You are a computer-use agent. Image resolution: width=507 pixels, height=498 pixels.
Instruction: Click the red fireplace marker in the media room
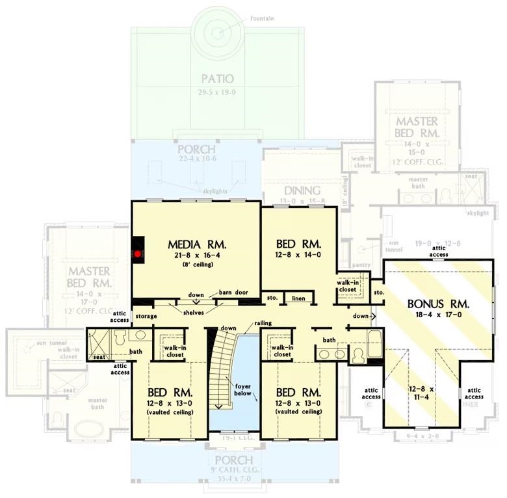[x=138, y=254]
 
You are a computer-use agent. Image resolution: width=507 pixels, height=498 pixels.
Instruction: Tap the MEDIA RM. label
[x=196, y=244]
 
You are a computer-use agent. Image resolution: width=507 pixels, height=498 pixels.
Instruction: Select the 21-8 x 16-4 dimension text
[x=196, y=256]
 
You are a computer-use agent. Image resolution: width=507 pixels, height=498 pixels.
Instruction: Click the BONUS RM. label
[x=438, y=304]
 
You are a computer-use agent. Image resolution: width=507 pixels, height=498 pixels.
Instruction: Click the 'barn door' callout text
[x=233, y=293]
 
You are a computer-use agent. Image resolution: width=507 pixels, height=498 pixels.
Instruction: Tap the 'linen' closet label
[x=298, y=298]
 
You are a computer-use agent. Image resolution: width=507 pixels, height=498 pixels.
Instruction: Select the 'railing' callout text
[x=263, y=323]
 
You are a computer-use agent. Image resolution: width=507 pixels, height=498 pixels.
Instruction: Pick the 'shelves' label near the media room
[x=193, y=313]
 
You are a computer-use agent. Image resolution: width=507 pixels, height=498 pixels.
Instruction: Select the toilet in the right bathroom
[x=357, y=355]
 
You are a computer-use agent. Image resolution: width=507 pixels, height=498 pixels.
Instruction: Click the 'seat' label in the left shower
[x=99, y=357]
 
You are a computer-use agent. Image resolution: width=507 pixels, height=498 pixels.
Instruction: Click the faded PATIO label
[x=217, y=79]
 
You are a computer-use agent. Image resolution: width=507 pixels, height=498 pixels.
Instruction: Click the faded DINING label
[x=300, y=190]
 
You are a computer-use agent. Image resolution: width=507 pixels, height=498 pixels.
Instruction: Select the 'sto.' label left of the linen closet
[x=272, y=298]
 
